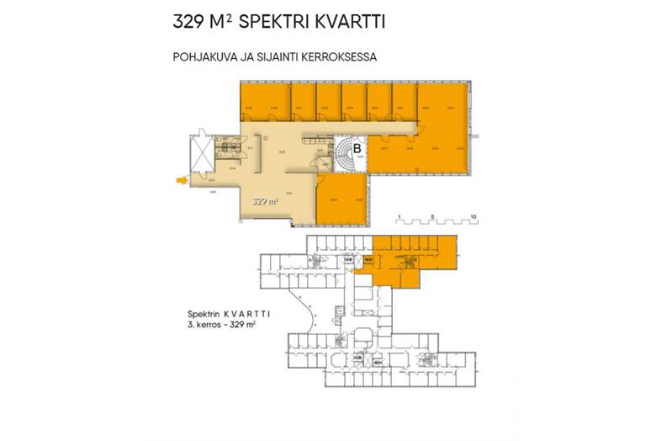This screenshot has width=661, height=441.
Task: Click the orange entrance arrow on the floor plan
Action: coord(180,179)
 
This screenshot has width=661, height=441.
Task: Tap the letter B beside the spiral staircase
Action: coord(357,149)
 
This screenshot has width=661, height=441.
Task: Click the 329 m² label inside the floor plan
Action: coord(265,201)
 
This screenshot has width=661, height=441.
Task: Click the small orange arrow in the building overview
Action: coord(357,271)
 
